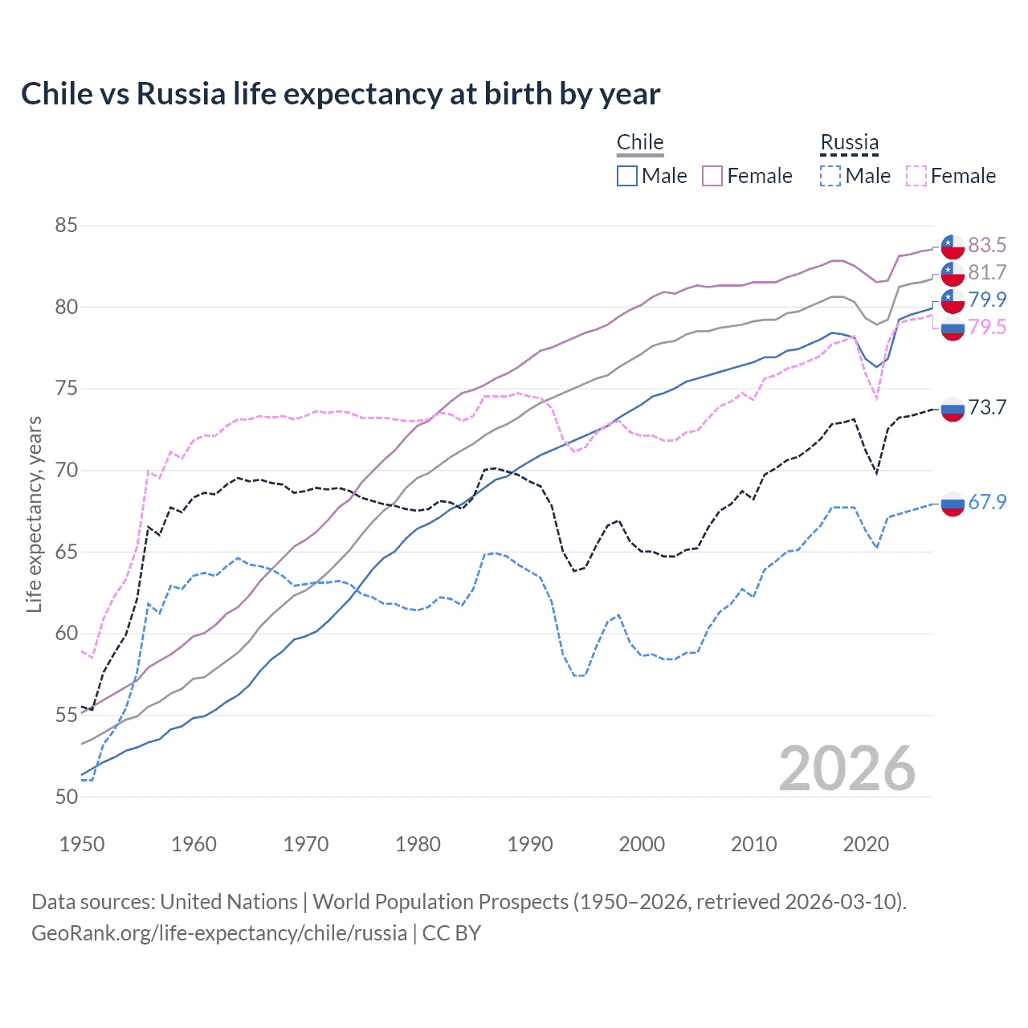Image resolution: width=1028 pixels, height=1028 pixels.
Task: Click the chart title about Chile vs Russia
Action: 341,94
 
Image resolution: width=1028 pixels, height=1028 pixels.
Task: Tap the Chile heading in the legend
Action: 640,142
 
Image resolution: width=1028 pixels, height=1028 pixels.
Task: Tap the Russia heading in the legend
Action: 849,142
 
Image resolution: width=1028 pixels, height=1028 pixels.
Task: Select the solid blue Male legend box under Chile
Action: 627,176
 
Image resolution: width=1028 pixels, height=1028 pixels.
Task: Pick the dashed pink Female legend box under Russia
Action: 916,176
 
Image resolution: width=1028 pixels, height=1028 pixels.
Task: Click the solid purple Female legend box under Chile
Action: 712,176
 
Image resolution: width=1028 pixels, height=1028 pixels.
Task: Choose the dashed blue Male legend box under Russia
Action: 830,176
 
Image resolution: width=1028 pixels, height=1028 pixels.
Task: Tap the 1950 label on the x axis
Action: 82,844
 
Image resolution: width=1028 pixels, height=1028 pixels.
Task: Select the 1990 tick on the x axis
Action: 530,844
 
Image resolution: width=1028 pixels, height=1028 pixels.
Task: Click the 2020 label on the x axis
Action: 866,844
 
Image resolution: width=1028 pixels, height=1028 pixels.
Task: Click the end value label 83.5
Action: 987,245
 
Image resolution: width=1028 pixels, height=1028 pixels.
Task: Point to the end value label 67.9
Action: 987,502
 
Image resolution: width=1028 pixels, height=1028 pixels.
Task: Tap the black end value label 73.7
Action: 987,407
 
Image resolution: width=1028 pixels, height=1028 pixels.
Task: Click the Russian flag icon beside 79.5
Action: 953,328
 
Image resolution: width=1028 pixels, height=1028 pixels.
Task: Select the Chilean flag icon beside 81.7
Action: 953,273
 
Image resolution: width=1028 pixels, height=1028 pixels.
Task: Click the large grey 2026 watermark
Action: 847,769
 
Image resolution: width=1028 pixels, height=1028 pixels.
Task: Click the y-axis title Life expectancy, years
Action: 34,514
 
